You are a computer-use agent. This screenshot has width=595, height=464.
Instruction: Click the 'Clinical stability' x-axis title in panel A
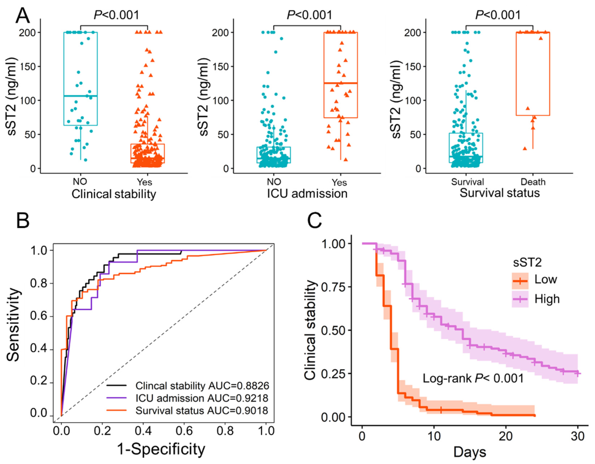coord(114,194)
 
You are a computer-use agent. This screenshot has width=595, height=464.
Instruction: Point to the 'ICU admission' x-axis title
coord(307,194)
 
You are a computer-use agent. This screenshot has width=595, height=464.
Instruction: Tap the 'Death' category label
coord(533,182)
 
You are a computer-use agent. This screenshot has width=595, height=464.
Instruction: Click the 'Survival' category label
coord(467,182)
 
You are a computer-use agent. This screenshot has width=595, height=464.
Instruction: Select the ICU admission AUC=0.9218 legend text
coord(202,398)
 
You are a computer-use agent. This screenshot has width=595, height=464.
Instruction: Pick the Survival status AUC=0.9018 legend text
coord(202,410)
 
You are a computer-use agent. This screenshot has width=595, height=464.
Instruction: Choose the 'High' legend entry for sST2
coord(547,299)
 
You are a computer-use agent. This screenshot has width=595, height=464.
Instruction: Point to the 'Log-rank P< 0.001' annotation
coord(473,379)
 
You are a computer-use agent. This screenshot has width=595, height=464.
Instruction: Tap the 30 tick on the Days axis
coord(577,436)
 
